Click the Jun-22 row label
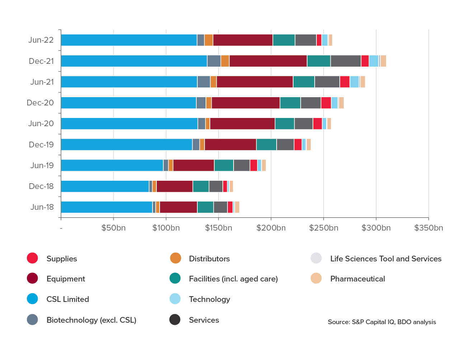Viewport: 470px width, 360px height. point(41,40)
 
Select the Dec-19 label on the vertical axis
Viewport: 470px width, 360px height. point(41,145)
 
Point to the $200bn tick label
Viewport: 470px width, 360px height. point(271,228)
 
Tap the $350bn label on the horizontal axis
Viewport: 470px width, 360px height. point(428,228)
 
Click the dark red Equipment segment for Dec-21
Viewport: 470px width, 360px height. point(268,61)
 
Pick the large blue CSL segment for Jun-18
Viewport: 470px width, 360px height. point(107,207)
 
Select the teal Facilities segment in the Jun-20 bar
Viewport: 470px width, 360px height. point(285,123)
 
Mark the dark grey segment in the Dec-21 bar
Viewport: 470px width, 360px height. point(346,61)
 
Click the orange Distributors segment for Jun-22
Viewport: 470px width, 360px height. point(208,40)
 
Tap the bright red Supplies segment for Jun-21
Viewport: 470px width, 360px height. point(344,82)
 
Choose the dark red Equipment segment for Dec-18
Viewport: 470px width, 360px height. point(174,186)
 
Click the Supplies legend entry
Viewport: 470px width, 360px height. point(62,259)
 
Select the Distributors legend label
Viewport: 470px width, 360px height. point(209,259)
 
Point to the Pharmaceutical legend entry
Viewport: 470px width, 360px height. point(357,279)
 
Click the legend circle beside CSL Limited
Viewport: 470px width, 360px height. point(32,299)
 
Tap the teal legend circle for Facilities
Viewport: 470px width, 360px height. point(175,279)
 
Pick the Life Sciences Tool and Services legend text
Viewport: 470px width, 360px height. point(386,259)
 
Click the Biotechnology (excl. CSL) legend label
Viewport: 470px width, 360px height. point(91,320)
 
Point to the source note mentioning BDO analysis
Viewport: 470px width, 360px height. point(382,322)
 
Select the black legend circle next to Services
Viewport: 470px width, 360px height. point(175,320)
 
